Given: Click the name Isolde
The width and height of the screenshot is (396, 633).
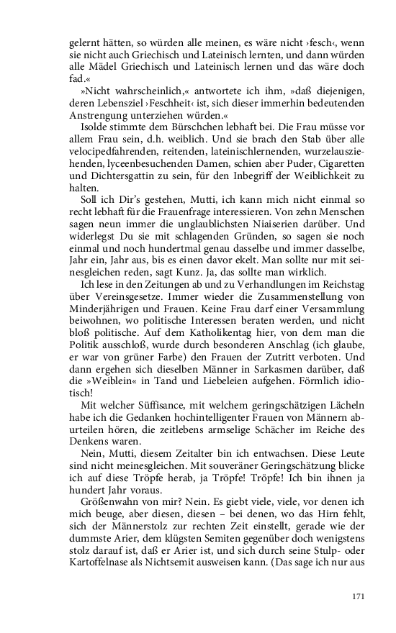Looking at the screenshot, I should (x=94, y=127).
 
